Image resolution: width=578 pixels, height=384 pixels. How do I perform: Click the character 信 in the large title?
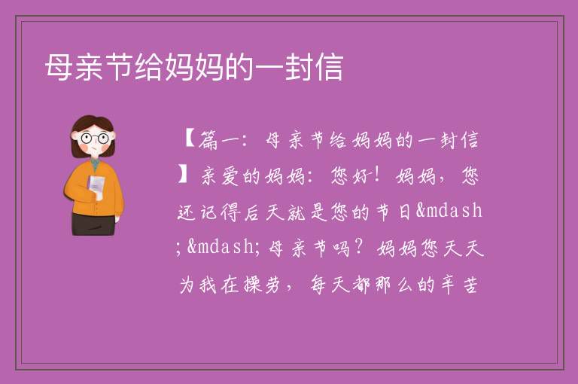[329, 67]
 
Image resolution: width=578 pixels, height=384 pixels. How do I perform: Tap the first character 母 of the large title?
[59, 67]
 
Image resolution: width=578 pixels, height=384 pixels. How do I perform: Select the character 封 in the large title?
[299, 67]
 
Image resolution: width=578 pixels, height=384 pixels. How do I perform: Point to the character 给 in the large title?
[149, 67]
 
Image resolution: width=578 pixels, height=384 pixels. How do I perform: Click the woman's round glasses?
[94, 139]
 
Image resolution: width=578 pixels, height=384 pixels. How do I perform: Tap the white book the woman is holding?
[96, 185]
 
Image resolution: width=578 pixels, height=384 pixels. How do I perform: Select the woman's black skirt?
[93, 224]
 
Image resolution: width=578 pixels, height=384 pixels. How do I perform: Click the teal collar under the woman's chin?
[95, 164]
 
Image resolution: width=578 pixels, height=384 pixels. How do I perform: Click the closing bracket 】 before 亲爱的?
[183, 175]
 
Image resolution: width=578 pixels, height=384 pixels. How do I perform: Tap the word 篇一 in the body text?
[219, 140]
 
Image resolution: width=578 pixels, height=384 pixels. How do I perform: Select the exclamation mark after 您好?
[376, 175]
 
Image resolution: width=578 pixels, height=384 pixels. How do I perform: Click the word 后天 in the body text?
[264, 212]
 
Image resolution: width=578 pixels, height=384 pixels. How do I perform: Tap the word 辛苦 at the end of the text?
[459, 285]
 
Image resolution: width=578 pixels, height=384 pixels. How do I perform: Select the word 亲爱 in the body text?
[220, 175]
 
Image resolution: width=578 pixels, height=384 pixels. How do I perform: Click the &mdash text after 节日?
[449, 211]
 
